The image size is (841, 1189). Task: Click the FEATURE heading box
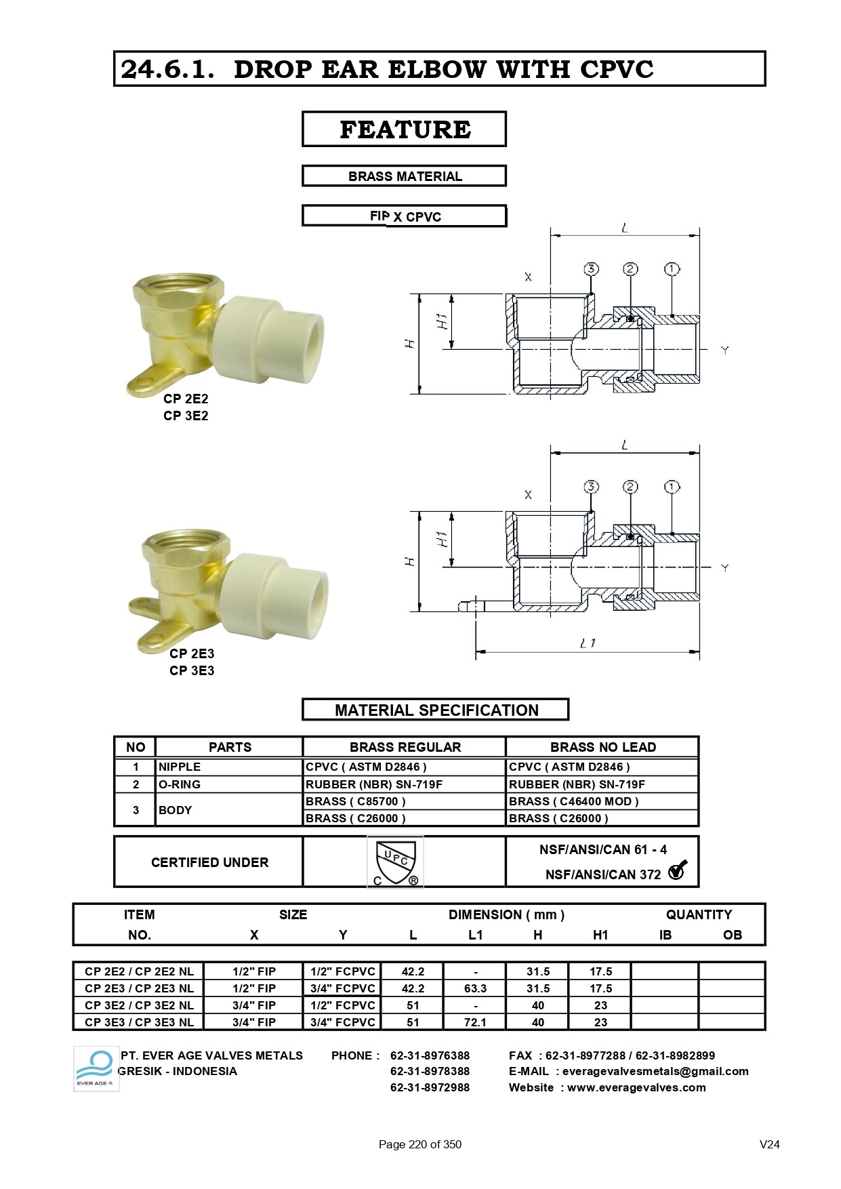point(404,129)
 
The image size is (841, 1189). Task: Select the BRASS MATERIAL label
point(404,176)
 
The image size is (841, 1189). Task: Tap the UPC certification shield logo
point(395,862)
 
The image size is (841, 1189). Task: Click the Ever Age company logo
point(96,1068)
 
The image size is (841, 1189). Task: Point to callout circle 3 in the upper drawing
point(591,269)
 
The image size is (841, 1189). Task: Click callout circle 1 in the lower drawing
point(672,487)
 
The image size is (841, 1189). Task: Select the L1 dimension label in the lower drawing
point(587,643)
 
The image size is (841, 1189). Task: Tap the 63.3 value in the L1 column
point(475,988)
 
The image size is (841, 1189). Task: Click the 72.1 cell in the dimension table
point(475,1022)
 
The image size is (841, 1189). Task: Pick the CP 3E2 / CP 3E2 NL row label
point(139,1005)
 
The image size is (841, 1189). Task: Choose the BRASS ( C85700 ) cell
point(356,801)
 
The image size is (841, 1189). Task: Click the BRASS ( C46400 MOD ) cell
point(573,801)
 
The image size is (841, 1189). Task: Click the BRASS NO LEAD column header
point(602,747)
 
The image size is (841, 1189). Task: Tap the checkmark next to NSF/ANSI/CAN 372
point(677,870)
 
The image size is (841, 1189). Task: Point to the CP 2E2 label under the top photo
point(186,399)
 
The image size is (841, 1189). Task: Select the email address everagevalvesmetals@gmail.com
point(655,1071)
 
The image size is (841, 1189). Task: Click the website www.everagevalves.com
point(636,1087)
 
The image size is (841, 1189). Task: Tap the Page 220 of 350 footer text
point(419,1144)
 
